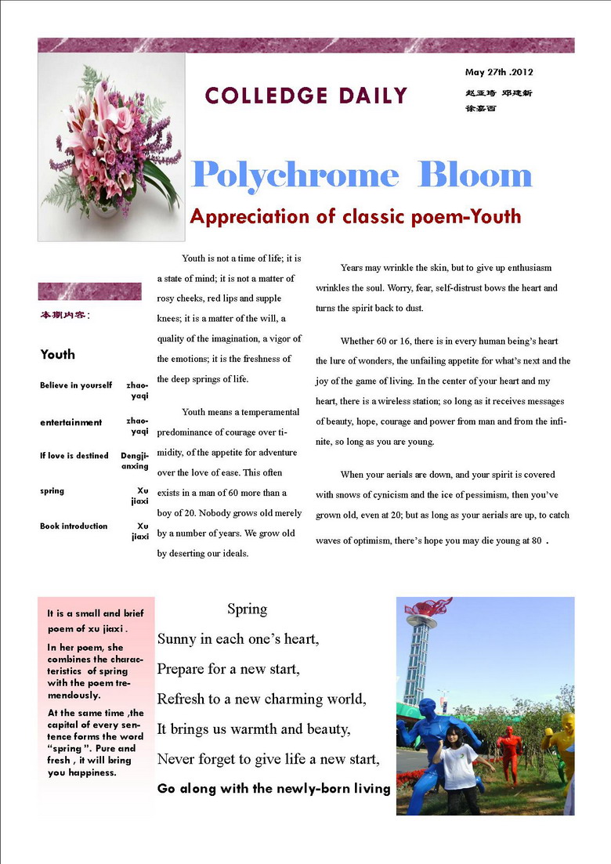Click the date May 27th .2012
click(499, 72)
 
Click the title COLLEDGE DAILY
click(306, 96)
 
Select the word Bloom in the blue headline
click(475, 174)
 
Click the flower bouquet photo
click(111, 146)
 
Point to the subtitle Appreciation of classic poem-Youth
click(355, 216)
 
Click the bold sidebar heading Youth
click(58, 354)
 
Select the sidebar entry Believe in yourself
click(76, 385)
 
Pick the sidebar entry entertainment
click(71, 422)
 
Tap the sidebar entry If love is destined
click(74, 455)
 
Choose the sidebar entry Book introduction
click(74, 526)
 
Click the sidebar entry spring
click(52, 490)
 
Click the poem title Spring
click(247, 609)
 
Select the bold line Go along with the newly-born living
click(273, 789)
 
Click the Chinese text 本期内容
click(64, 315)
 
